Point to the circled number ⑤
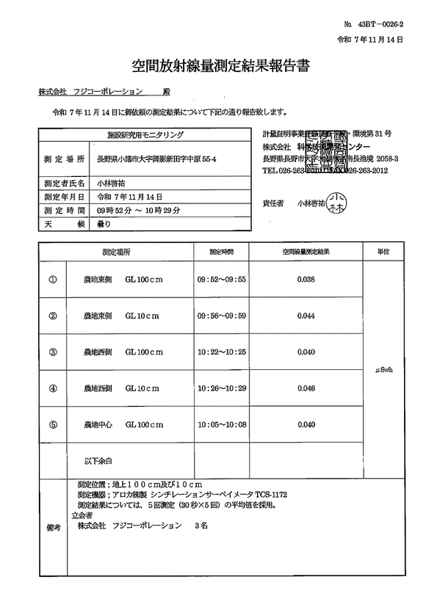pyautogui.click(x=52, y=424)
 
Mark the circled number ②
pyautogui.click(x=52, y=316)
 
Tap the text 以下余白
pyautogui.click(x=98, y=461)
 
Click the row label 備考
pyautogui.click(x=54, y=526)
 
